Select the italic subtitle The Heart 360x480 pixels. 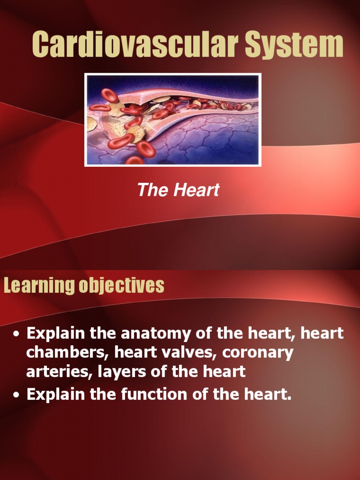click(178, 190)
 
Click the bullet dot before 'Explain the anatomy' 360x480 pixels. click(17, 335)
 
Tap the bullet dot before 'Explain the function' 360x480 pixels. click(17, 396)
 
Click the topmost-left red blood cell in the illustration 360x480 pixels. click(110, 95)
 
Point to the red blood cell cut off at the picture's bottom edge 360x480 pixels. click(135, 160)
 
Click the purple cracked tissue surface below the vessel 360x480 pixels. click(211, 141)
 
